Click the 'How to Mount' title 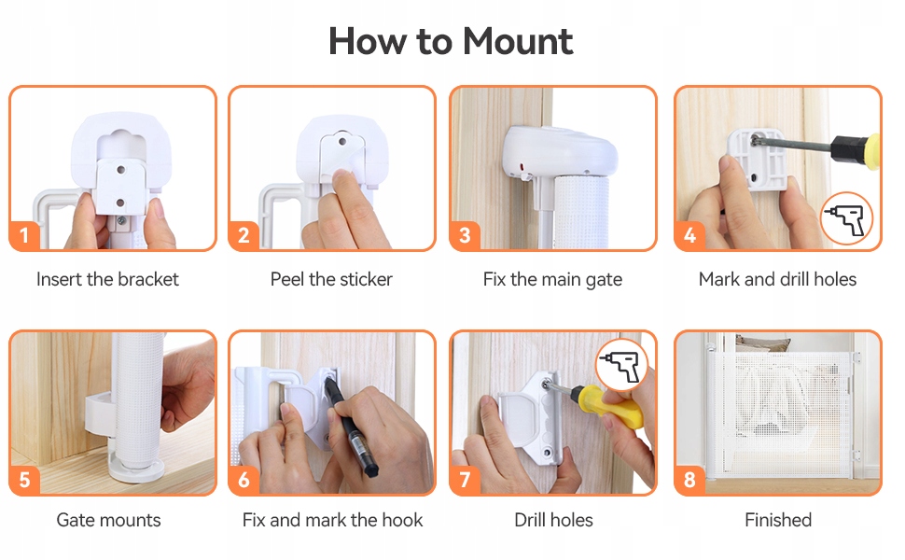tap(451, 41)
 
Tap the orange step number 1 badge tap(24, 235)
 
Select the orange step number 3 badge tap(466, 235)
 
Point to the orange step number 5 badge tap(24, 479)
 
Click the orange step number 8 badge tap(689, 479)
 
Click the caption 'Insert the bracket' tap(107, 279)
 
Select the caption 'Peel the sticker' tap(331, 279)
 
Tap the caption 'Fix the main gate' tap(552, 280)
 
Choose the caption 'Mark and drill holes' tap(777, 279)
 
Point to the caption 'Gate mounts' tap(108, 520)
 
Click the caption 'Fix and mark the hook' tap(332, 520)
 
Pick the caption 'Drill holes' tap(553, 520)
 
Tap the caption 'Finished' tap(778, 520)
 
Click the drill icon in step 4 tap(847, 218)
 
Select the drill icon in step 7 tap(621, 365)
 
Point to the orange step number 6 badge tap(244, 479)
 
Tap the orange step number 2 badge tap(244, 235)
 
